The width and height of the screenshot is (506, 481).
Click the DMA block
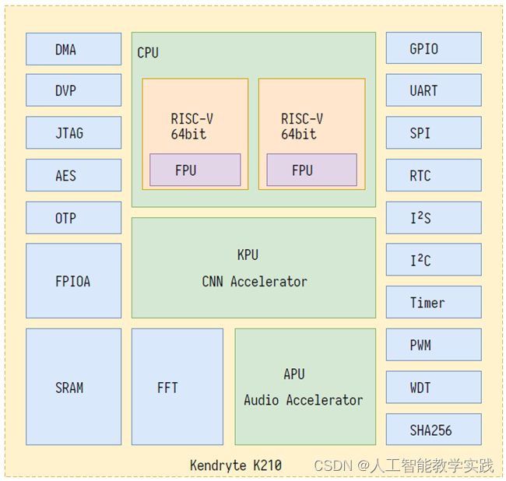pyautogui.click(x=73, y=49)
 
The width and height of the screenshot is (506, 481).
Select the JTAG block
pyautogui.click(x=73, y=133)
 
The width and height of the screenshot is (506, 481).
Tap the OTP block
pyautogui.click(x=73, y=218)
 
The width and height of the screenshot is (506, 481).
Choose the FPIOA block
pyautogui.click(x=73, y=281)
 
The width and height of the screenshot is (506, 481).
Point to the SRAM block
pyautogui.click(x=73, y=387)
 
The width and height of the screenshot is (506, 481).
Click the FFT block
pyautogui.click(x=177, y=387)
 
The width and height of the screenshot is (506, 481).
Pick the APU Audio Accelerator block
pyautogui.click(x=304, y=387)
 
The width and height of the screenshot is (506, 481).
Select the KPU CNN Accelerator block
pyautogui.click(x=253, y=268)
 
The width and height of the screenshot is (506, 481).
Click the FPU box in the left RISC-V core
pyautogui.click(x=195, y=170)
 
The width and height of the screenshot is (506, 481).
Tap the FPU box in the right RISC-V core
pyautogui.click(x=311, y=170)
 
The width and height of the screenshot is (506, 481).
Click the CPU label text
pyautogui.click(x=148, y=53)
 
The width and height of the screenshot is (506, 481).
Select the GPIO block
pyautogui.click(x=434, y=48)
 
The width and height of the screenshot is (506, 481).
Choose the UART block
pyautogui.click(x=434, y=91)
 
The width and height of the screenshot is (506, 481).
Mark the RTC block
pyautogui.click(x=434, y=175)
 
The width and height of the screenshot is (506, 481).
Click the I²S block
pyautogui.click(x=434, y=218)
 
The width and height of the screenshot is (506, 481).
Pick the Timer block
pyautogui.click(x=434, y=302)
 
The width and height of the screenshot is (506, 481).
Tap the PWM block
pyautogui.click(x=434, y=345)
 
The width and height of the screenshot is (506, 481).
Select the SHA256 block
pyautogui.click(x=434, y=430)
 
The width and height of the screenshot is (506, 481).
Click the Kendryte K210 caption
pyautogui.click(x=236, y=465)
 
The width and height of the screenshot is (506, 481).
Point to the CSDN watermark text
pyautogui.click(x=403, y=465)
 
